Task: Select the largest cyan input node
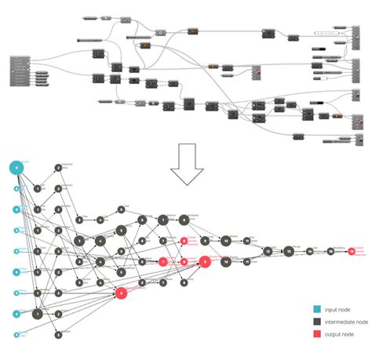[16, 167]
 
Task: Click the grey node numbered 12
[268, 251]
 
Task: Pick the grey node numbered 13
[288, 251]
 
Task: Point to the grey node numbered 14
[310, 251]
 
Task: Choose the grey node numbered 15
[330, 251]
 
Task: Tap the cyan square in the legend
[316, 310]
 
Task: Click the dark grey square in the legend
[316, 322]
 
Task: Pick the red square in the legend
[316, 333]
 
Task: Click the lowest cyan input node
[16, 334]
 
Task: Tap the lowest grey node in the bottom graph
[58, 334]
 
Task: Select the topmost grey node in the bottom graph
[58, 167]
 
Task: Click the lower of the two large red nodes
[121, 293]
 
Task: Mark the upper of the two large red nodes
[204, 262]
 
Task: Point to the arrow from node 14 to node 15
[320, 251]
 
